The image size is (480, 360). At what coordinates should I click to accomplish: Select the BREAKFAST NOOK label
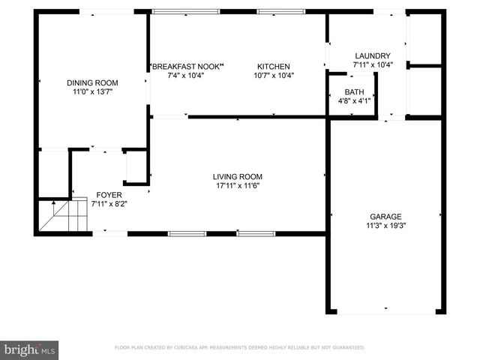pos(187,66)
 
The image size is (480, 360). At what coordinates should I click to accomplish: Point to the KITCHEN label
pos(274,66)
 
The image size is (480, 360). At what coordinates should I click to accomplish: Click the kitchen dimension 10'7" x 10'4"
pos(274,75)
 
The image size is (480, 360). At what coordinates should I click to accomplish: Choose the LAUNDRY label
pos(373,55)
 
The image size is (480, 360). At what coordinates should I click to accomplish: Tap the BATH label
pos(355,91)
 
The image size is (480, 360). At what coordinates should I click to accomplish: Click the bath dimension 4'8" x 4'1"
pos(355,100)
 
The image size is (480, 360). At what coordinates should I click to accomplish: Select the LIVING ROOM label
pos(237,177)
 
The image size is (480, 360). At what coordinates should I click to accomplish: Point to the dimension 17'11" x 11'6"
pos(237,186)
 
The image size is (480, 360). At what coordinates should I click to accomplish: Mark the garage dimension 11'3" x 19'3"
pos(385,224)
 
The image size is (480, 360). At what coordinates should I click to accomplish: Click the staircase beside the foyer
pos(58,216)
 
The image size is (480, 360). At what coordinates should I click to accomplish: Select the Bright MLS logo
pos(30,349)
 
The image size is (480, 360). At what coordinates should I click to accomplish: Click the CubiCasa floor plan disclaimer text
pos(239,348)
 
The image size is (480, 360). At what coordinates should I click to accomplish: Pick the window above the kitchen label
pos(281,12)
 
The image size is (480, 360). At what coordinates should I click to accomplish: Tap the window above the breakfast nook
pos(186,12)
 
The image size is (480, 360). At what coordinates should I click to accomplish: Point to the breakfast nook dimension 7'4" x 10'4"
pos(187,75)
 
